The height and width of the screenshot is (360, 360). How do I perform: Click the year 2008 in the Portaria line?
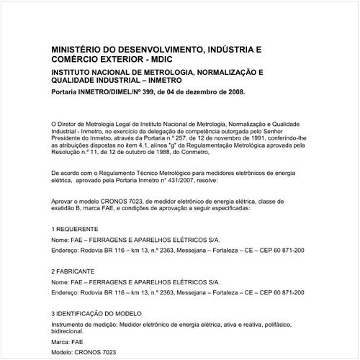click(x=233, y=92)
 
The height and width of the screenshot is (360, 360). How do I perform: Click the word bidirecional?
click(x=71, y=332)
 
